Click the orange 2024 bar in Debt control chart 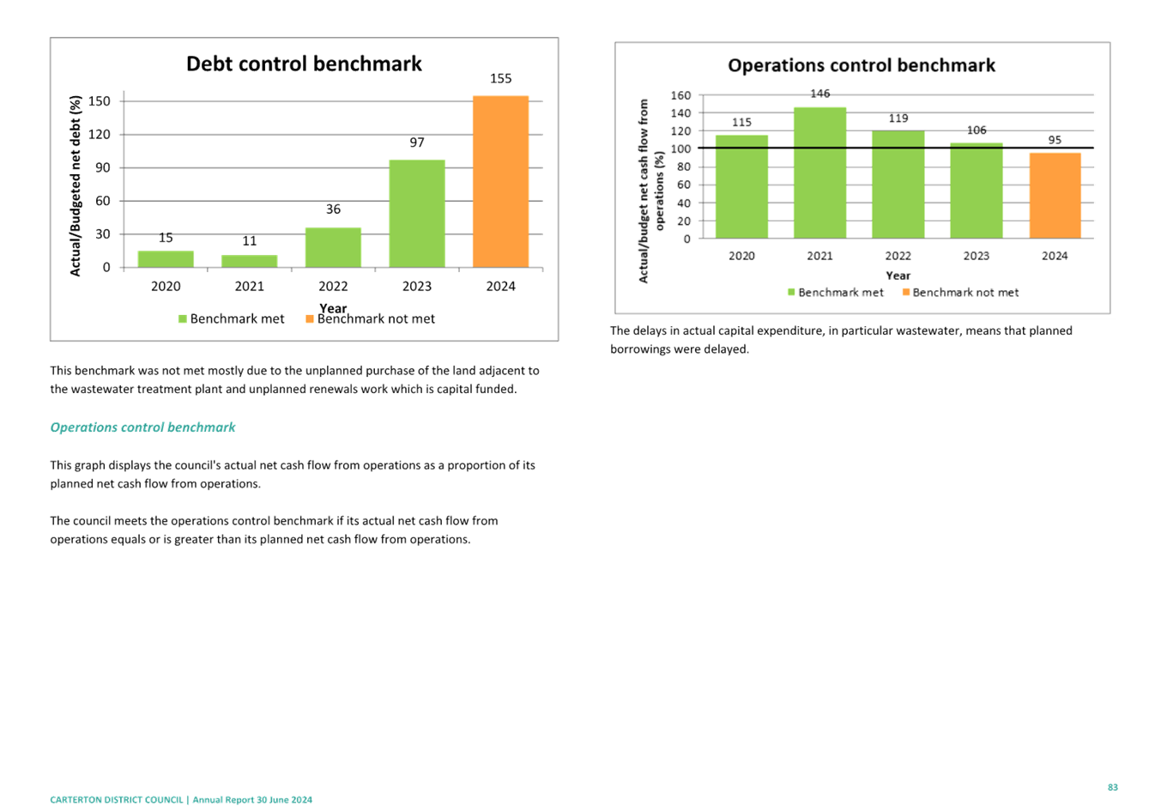[x=500, y=181]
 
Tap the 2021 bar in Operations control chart [x=819, y=173]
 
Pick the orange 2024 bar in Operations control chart [x=1055, y=196]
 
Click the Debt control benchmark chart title [x=304, y=64]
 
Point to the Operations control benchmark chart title [x=862, y=66]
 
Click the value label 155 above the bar [x=500, y=79]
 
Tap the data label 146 [x=820, y=94]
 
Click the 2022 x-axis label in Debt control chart [x=333, y=287]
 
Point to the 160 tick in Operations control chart [x=680, y=95]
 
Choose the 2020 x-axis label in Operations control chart [x=741, y=257]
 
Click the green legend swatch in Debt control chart [x=182, y=319]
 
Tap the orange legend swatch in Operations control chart [x=906, y=293]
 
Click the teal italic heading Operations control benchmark [x=142, y=427]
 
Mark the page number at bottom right [x=1113, y=787]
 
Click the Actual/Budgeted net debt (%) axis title [x=76, y=185]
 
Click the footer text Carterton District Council [x=117, y=800]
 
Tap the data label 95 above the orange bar [x=1055, y=140]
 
